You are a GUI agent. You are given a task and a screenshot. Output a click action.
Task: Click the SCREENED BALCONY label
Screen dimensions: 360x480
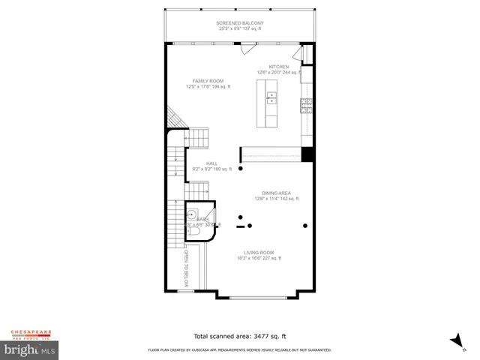pyautogui.click(x=240, y=23)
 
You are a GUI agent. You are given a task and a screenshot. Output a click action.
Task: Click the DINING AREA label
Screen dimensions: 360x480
pyautogui.click(x=277, y=193)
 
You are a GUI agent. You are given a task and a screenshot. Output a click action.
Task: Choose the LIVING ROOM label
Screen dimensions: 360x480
pyautogui.click(x=259, y=253)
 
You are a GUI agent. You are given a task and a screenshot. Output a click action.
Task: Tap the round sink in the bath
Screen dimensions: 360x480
pyautogui.click(x=193, y=211)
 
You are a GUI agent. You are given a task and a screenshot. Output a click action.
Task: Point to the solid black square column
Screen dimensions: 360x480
pyautogui.click(x=306, y=154)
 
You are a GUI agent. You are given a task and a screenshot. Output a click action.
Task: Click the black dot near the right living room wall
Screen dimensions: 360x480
pyautogui.click(x=304, y=225)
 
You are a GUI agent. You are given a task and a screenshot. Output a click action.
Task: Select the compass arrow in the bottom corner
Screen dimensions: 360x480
pyautogui.click(x=455, y=340)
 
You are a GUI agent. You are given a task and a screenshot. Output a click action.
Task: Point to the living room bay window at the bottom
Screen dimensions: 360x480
pyautogui.click(x=259, y=297)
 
